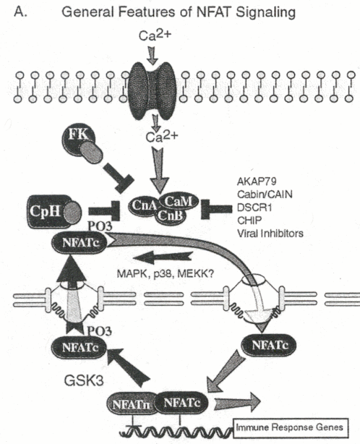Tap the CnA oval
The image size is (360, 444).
(143, 205)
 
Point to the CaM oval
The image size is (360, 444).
(179, 202)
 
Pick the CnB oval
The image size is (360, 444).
(170, 215)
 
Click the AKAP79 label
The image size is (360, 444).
(257, 181)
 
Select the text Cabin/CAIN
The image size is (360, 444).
(265, 195)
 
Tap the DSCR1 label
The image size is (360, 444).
(254, 208)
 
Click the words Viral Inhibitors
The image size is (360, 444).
(270, 234)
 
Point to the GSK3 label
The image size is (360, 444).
(84, 380)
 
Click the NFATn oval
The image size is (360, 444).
(131, 404)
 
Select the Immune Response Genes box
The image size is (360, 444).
(291, 427)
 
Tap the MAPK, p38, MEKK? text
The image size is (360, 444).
(166, 273)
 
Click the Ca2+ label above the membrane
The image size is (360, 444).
(155, 35)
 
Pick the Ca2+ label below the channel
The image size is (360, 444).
(162, 137)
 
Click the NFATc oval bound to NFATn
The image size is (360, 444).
(181, 403)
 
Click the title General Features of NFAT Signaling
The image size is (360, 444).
(179, 12)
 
